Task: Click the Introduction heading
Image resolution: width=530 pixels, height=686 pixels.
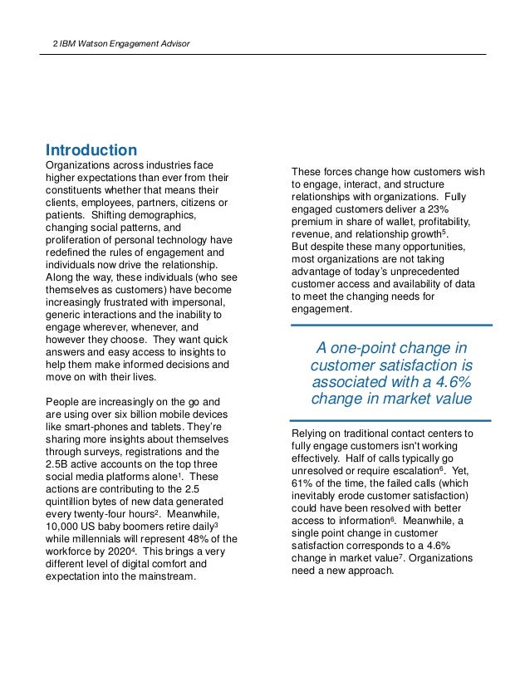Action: point(91,150)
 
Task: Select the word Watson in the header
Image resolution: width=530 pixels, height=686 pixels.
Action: point(89,42)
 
